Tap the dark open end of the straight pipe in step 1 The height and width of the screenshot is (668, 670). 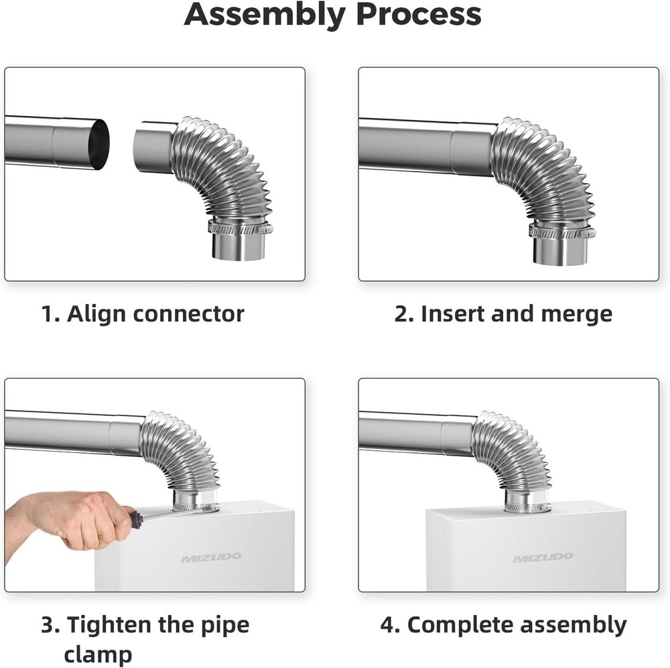click(99, 144)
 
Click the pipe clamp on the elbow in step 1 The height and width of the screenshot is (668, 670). click(239, 228)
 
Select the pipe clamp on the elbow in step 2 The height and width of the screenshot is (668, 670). click(561, 232)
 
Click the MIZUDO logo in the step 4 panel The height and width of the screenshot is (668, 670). click(543, 557)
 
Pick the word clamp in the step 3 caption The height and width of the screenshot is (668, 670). click(98, 653)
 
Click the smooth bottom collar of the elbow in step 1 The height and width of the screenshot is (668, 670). click(239, 247)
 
